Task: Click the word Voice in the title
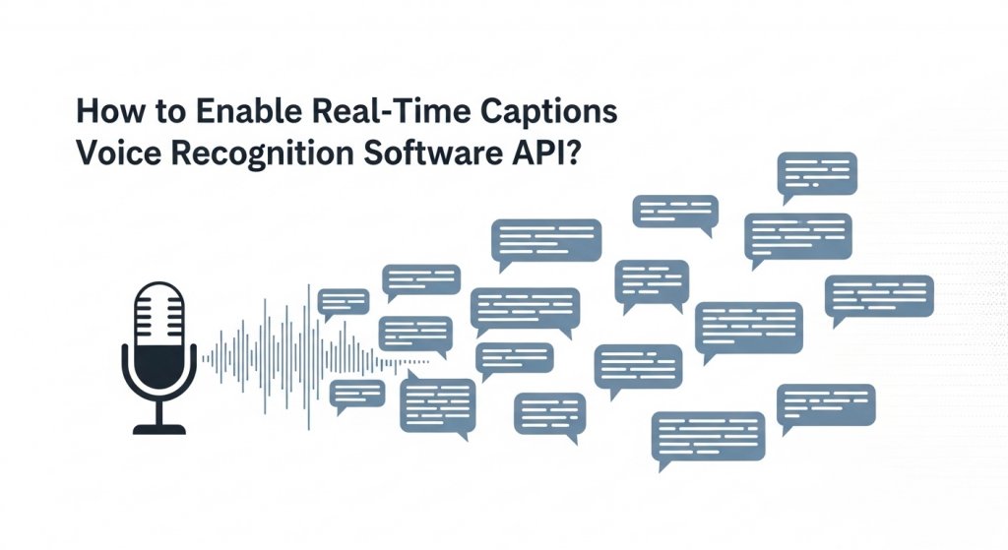click(113, 154)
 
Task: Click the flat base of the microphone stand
click(158, 429)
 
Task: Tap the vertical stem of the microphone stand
click(158, 412)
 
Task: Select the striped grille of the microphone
click(158, 315)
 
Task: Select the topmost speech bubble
click(816, 173)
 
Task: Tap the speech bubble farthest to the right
click(879, 295)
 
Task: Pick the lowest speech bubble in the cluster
click(709, 433)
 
